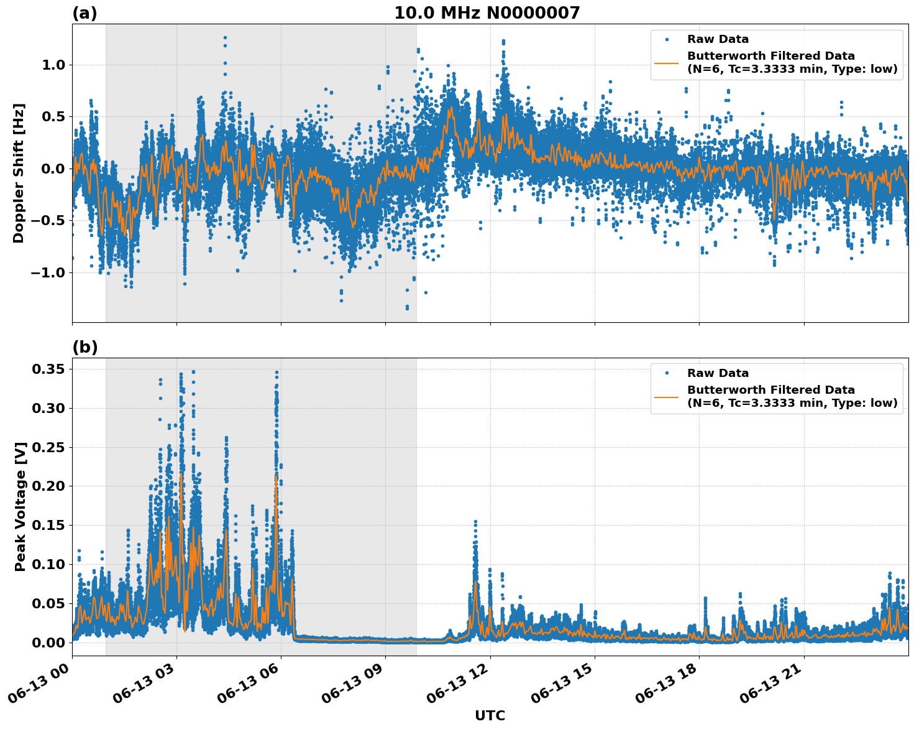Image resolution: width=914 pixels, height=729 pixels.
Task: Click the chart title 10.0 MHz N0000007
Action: (487, 13)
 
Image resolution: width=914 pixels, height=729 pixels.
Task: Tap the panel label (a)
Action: (85, 13)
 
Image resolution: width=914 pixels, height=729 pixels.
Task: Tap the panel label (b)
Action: (85, 347)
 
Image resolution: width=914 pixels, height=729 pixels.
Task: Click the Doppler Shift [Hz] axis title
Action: (19, 173)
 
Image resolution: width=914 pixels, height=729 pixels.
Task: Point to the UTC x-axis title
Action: (490, 715)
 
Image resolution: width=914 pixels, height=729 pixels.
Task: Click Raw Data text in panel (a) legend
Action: (718, 40)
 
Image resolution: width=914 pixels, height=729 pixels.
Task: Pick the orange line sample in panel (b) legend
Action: (667, 396)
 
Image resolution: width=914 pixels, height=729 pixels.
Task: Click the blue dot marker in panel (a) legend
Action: (667, 40)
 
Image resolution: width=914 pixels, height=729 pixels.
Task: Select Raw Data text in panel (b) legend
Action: (718, 373)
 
